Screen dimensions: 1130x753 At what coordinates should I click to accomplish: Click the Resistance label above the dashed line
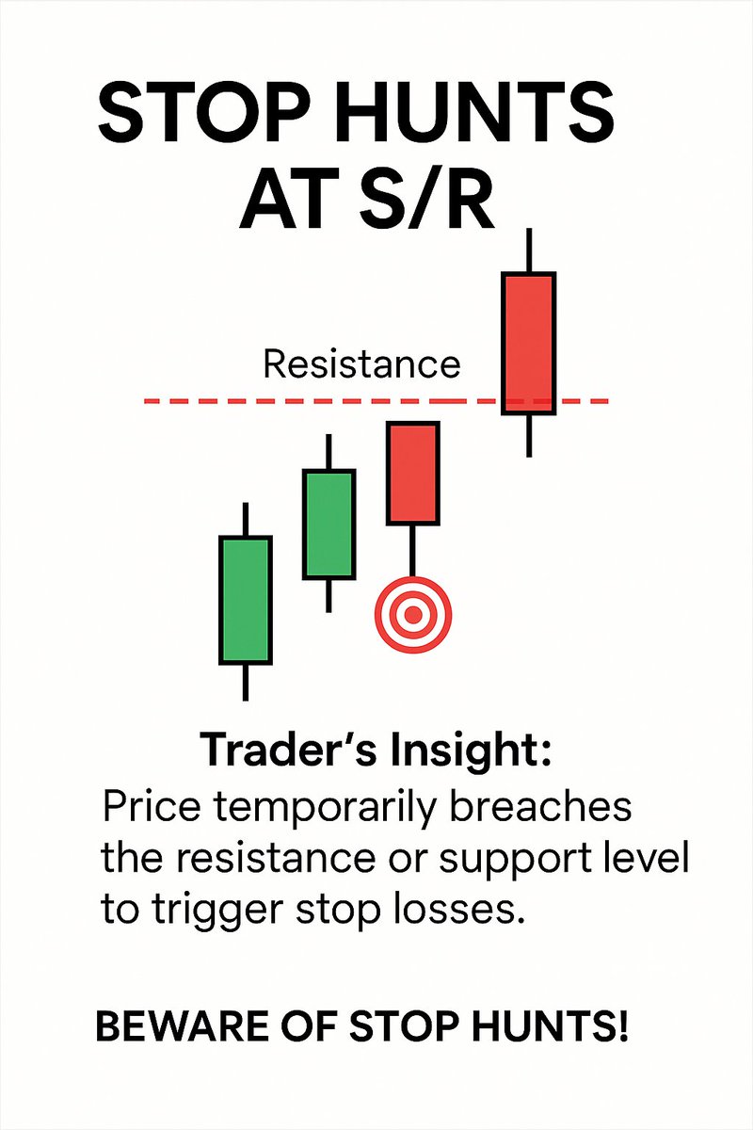[x=361, y=363]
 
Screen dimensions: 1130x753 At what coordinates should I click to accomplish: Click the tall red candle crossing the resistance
[x=529, y=343]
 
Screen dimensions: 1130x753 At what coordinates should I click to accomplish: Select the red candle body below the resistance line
[x=412, y=474]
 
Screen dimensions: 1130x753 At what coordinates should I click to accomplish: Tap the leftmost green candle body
[x=246, y=600]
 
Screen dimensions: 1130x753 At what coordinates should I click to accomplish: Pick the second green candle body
[x=328, y=525]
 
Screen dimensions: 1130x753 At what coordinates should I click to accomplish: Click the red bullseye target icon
[x=413, y=615]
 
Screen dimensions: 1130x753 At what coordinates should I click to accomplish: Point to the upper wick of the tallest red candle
[x=530, y=250]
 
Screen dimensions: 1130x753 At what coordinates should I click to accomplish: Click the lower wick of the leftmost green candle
[x=246, y=682]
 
